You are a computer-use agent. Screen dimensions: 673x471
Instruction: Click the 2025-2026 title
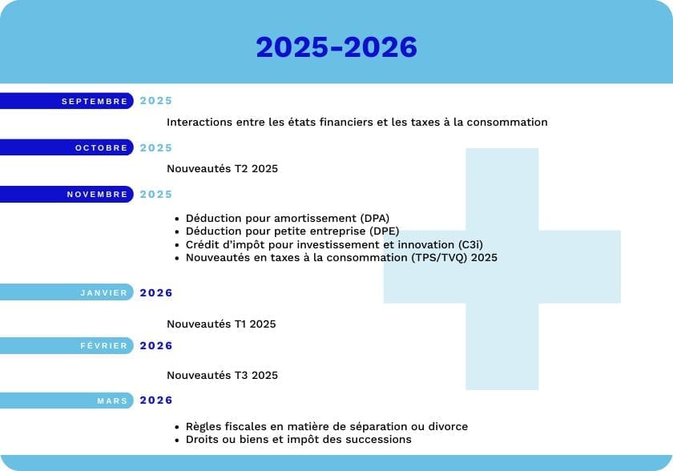(336, 46)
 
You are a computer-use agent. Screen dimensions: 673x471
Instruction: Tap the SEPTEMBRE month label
(95, 101)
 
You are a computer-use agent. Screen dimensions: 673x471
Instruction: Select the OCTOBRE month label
(101, 148)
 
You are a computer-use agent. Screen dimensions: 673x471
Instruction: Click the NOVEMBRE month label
(97, 195)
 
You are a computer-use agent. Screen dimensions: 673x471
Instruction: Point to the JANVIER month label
(104, 292)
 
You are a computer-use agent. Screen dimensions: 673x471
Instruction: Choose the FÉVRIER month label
(104, 346)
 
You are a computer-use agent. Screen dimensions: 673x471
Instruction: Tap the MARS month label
(112, 401)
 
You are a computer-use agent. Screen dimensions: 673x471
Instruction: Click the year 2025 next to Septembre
(155, 101)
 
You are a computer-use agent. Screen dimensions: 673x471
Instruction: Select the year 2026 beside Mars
(155, 401)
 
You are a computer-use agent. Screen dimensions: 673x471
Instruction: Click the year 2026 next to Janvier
(155, 293)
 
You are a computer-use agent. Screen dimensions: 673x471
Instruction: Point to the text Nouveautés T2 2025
(223, 168)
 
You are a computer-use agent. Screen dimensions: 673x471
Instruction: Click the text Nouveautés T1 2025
(221, 324)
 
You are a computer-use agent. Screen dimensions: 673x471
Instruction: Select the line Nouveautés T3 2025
(223, 376)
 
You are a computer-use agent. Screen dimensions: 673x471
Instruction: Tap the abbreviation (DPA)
(375, 219)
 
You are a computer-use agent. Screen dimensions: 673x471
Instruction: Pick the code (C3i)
(470, 245)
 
